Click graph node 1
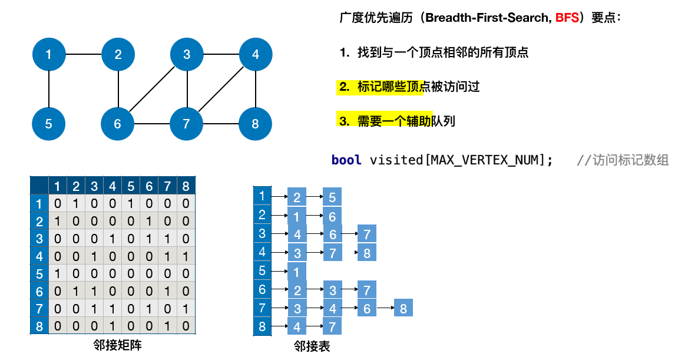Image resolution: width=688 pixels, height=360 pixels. click(48, 55)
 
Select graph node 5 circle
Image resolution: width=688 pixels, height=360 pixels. click(48, 124)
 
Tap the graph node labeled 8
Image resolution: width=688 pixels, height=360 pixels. click(255, 124)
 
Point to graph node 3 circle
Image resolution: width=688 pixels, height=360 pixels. click(187, 55)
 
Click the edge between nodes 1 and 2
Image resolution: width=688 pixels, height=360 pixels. click(83, 55)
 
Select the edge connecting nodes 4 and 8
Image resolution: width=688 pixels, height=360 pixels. click(255, 89)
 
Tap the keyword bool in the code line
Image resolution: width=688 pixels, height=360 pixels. click(346, 160)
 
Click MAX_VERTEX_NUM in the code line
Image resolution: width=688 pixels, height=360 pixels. click(486, 160)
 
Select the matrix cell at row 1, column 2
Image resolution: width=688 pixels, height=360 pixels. click(76, 204)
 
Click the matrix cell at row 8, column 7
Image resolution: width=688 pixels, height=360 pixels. click(167, 326)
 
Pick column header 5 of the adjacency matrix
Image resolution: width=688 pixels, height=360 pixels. click(131, 186)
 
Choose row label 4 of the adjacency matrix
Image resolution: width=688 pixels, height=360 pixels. click(39, 256)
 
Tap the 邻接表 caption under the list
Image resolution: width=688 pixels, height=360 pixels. click(312, 346)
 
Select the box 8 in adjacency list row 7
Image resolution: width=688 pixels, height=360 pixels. click(403, 308)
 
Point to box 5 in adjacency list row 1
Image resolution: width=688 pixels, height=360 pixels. click(332, 197)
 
